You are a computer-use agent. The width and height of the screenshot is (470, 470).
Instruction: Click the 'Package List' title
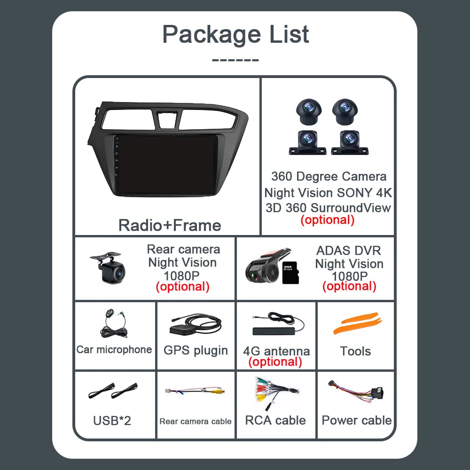235,34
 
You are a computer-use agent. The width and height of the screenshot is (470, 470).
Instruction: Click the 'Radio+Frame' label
170,225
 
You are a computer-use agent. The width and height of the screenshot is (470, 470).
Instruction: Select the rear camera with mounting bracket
109,267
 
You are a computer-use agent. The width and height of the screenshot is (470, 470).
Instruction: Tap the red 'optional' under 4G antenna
275,362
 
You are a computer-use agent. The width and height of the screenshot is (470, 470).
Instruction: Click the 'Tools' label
355,351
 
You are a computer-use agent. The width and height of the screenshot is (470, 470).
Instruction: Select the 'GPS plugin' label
196,351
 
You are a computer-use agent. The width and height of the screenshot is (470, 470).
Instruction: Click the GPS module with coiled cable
195,325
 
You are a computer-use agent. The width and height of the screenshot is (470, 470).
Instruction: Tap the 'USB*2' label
112,420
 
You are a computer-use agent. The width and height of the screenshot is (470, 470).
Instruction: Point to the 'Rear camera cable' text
196,421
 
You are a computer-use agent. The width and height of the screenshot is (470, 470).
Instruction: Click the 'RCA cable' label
275,420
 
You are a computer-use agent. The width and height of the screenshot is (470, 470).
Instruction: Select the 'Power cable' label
357,420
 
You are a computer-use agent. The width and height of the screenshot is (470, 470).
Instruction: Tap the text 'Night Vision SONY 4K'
328,193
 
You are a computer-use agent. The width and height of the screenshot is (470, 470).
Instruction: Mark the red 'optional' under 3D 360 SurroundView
327,219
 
